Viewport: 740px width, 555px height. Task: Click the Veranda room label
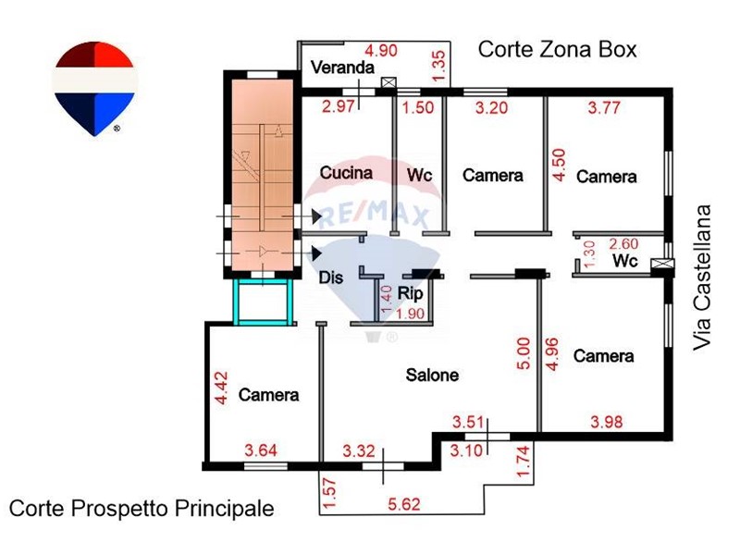point(342,68)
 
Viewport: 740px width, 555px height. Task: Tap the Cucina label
point(346,173)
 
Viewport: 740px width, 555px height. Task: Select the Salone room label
point(432,376)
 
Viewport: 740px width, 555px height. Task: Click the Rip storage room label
point(410,293)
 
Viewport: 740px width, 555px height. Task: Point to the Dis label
point(331,277)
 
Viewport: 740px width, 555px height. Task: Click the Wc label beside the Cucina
point(420,175)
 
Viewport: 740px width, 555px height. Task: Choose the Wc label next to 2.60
point(625,261)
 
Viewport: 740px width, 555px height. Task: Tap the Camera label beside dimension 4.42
point(268,395)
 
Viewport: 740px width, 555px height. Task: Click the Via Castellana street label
point(702,277)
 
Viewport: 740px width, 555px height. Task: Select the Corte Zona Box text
point(558,50)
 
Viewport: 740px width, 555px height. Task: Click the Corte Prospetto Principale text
point(142,509)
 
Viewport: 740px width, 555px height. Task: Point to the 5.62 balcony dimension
point(404,504)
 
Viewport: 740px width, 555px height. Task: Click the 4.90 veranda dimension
point(381,50)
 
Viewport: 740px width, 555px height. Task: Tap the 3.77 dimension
point(604,107)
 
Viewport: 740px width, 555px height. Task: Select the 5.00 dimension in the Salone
point(524,353)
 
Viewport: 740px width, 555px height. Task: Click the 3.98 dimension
point(607,422)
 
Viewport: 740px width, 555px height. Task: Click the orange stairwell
point(262,175)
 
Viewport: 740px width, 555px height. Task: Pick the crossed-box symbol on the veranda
point(388,83)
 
